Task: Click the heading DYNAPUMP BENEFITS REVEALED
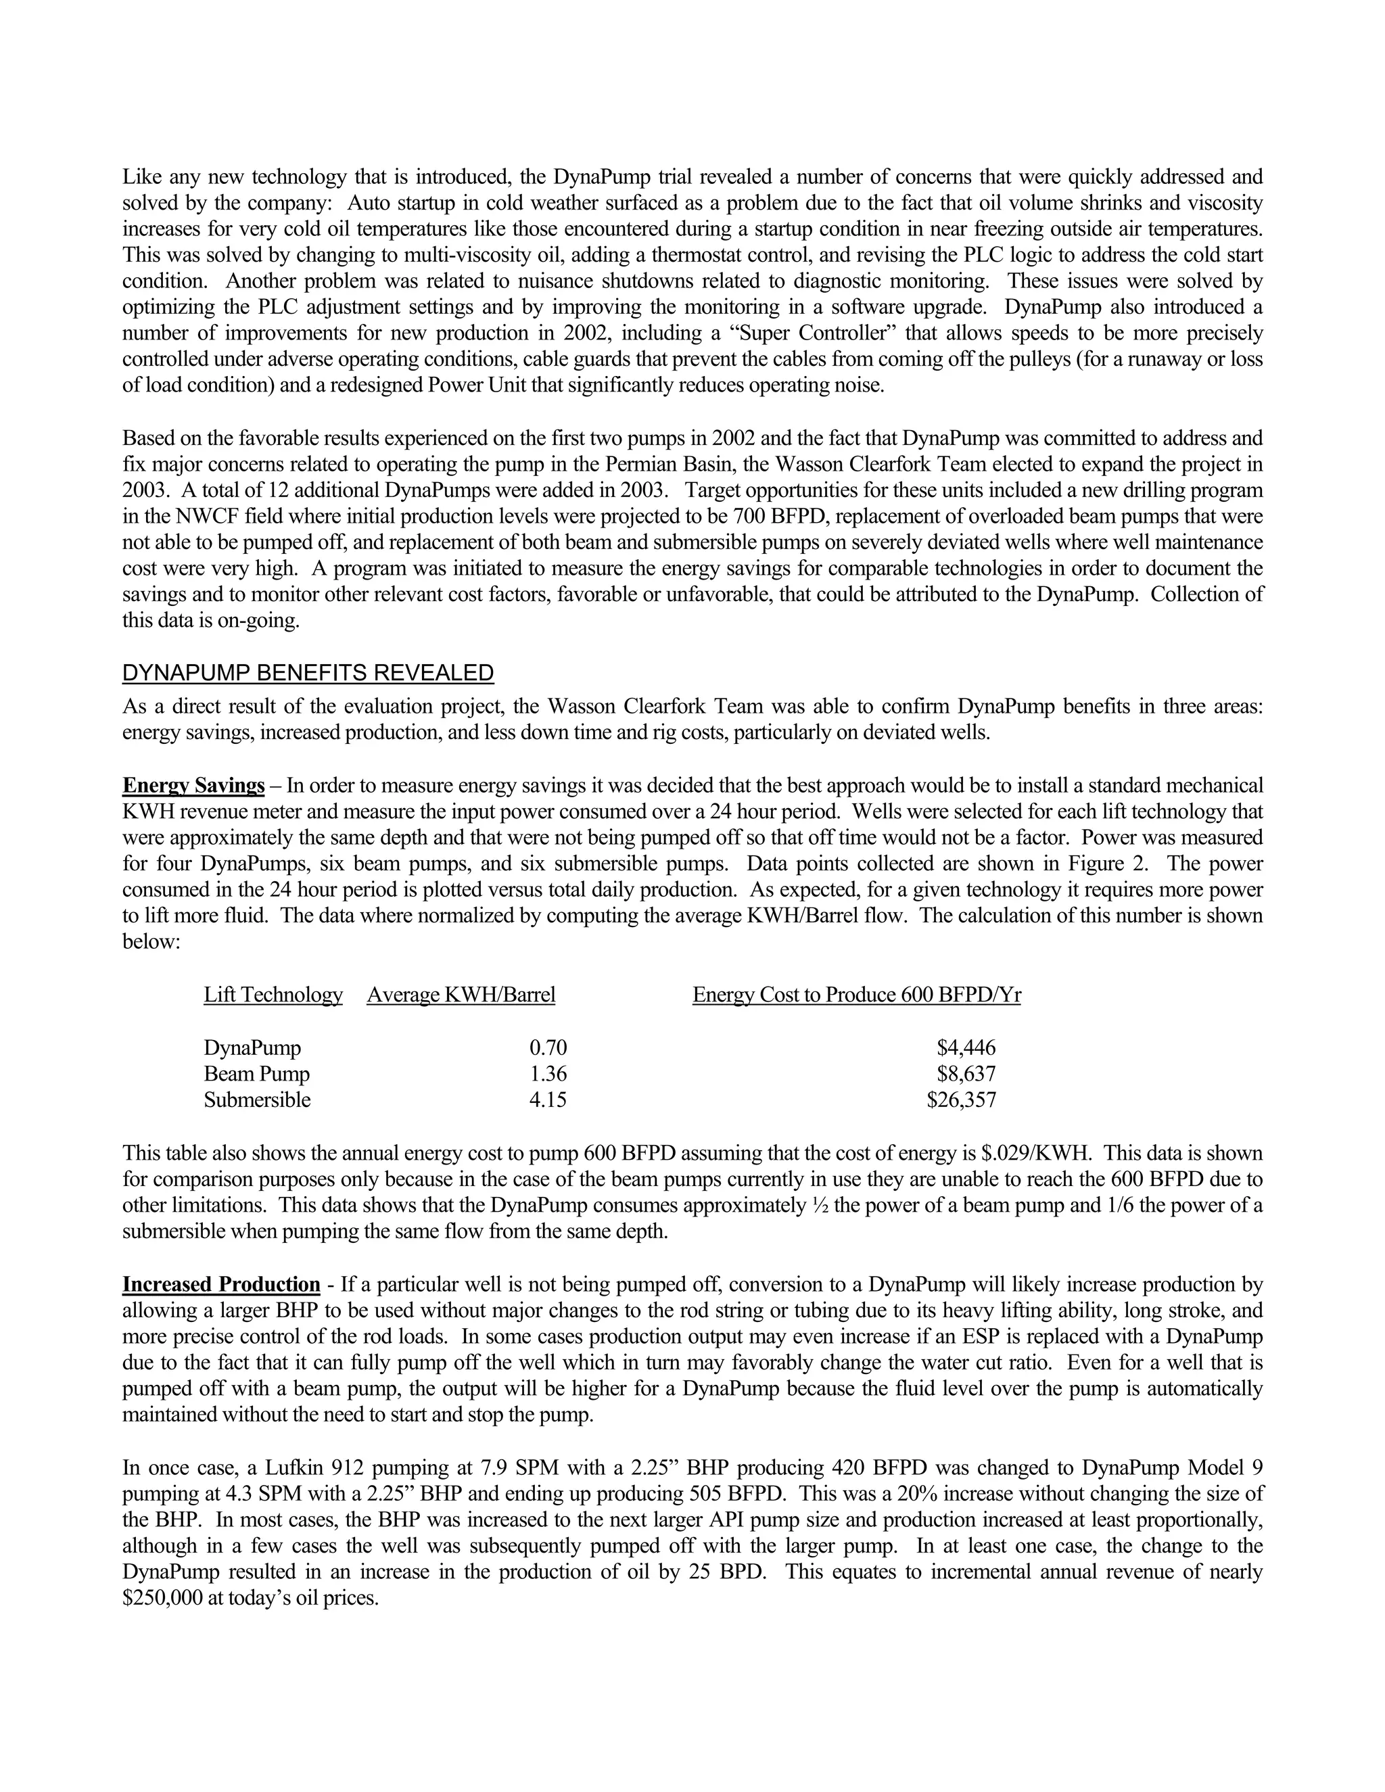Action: [x=308, y=674]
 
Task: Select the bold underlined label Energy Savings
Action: [x=193, y=786]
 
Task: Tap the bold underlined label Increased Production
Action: [x=220, y=1284]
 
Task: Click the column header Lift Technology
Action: [x=273, y=995]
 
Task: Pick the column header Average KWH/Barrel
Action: [x=461, y=995]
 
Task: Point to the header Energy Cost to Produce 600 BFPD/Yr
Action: [x=857, y=995]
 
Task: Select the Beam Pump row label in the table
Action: [x=257, y=1074]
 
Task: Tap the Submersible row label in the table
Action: [x=258, y=1100]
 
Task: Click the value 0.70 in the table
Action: [x=548, y=1047]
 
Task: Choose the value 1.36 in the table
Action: [x=548, y=1074]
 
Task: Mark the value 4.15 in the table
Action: [x=548, y=1100]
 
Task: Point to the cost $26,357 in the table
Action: [x=962, y=1100]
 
